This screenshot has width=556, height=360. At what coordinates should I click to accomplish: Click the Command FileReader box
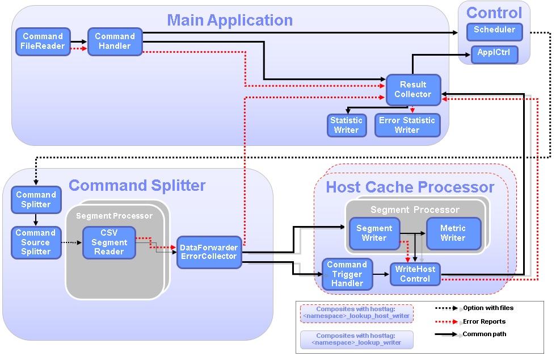tap(43, 41)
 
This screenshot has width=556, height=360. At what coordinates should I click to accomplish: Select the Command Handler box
tap(115, 41)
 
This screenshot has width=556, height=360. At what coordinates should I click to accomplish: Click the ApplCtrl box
tap(494, 55)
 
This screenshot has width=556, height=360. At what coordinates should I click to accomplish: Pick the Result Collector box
tap(413, 90)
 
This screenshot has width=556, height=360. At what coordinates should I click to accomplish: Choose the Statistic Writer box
tap(346, 125)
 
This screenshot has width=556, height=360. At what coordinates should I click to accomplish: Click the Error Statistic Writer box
tap(407, 125)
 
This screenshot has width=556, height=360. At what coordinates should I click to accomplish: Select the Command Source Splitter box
tap(36, 242)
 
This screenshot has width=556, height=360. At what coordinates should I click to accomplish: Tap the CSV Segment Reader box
tap(109, 242)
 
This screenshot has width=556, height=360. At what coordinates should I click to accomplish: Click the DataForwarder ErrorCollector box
tap(209, 252)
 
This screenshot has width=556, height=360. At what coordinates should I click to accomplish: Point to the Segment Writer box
tap(374, 233)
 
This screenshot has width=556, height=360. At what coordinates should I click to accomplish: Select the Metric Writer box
tap(453, 233)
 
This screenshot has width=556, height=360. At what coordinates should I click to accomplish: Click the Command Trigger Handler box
tap(347, 274)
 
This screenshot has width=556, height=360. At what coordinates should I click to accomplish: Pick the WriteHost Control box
tap(415, 274)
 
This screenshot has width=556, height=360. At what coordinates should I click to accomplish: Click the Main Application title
tap(230, 20)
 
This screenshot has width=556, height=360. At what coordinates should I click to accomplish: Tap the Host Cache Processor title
tap(410, 187)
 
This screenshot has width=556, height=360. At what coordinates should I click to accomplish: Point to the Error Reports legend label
tap(484, 321)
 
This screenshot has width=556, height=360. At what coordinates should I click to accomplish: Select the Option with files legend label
tap(488, 308)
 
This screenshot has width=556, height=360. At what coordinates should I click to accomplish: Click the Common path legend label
tap(485, 334)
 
